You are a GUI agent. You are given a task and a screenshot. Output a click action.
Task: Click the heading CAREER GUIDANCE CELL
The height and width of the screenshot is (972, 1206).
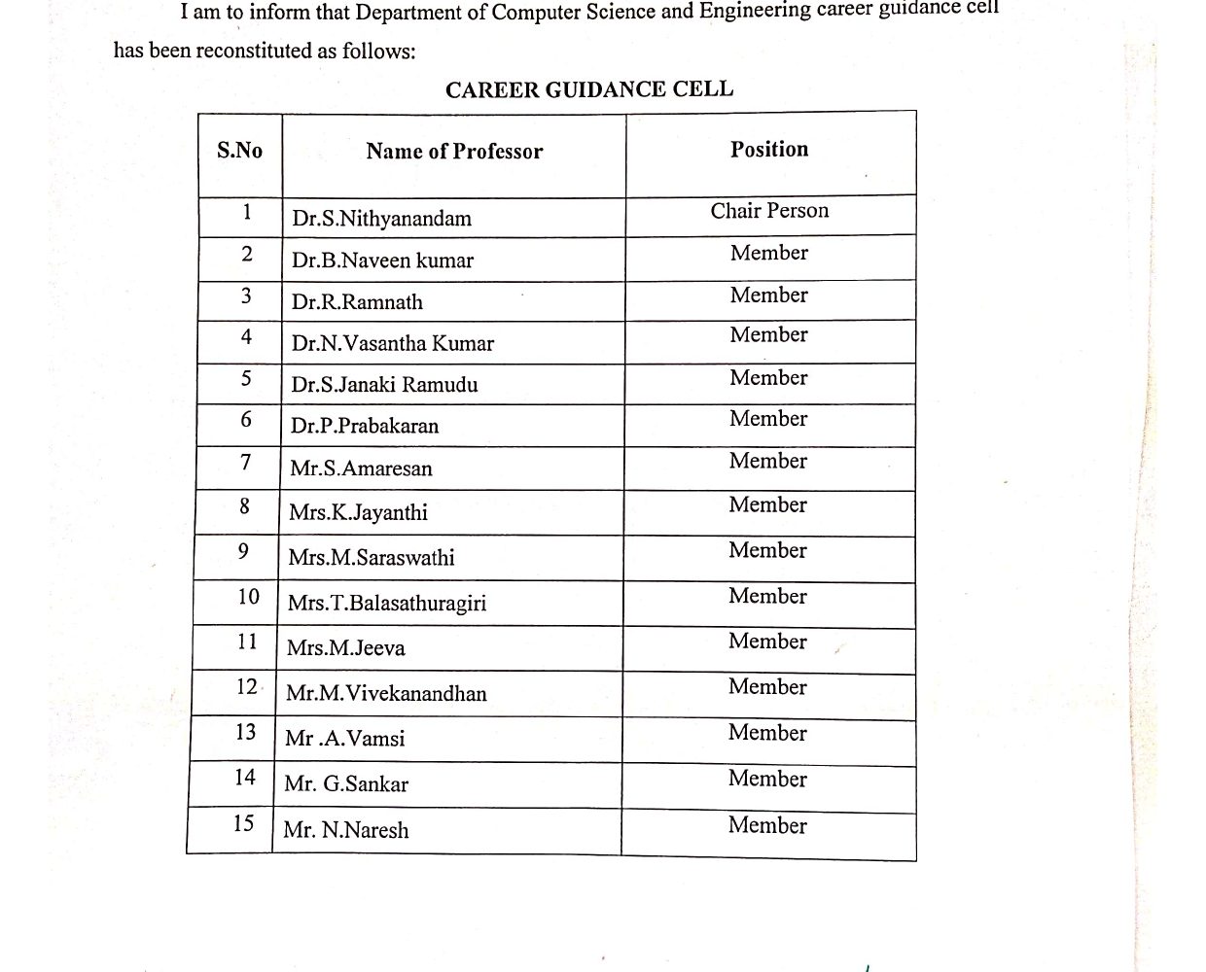(589, 89)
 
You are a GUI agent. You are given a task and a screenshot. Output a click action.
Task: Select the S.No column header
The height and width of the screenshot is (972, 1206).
(239, 151)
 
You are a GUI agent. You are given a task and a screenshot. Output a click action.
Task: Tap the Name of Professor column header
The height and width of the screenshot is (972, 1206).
(454, 152)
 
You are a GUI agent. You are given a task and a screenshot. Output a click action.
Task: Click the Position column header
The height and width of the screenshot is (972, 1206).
(769, 150)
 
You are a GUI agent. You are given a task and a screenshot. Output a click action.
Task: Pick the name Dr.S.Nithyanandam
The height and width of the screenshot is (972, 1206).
(381, 219)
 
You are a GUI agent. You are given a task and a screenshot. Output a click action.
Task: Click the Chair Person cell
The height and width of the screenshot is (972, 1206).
(769, 211)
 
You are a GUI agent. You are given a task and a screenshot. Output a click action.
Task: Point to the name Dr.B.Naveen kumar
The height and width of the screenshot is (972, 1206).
(382, 260)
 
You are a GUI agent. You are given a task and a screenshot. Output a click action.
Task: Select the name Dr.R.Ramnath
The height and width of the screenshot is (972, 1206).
(357, 302)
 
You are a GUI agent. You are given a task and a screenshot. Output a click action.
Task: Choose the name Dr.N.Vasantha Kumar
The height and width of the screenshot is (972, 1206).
(392, 343)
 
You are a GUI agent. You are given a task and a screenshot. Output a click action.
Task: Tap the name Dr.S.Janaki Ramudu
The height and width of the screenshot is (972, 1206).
(384, 385)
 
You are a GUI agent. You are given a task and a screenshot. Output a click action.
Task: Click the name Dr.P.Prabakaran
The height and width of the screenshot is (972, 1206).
(365, 426)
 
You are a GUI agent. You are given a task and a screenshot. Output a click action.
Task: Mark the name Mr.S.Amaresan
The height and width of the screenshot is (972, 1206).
(361, 469)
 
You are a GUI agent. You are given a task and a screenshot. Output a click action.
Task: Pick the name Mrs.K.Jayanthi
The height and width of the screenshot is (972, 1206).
(358, 512)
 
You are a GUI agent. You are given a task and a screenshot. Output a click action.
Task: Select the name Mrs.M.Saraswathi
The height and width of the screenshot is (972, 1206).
(372, 558)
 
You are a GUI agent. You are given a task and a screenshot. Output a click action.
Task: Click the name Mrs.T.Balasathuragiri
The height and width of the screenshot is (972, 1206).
(387, 603)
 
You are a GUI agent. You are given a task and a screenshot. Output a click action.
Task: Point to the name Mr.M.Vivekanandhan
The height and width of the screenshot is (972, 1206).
(386, 693)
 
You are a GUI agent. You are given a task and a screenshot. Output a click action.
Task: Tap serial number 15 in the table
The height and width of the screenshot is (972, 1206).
(243, 824)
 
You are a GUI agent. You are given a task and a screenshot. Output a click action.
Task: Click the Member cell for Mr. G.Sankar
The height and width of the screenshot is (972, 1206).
(767, 779)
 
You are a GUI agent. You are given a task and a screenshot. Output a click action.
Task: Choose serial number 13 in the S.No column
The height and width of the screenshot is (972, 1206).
(245, 732)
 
